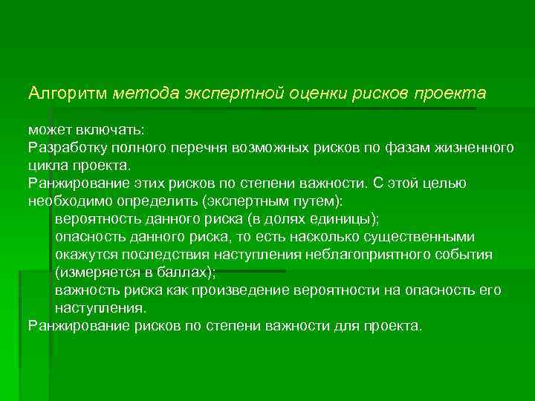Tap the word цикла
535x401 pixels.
tap(47, 165)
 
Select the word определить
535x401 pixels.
tap(149, 200)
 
